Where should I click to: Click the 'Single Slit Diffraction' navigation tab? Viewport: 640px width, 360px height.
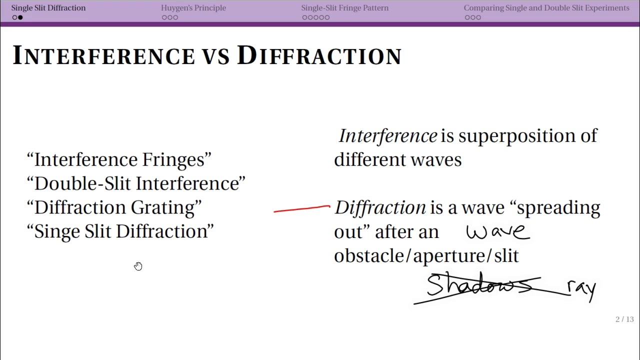[48, 8]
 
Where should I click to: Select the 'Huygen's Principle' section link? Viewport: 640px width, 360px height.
[193, 8]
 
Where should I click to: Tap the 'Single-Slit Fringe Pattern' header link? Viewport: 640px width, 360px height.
[344, 8]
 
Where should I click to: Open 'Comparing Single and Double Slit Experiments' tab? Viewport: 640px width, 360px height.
[546, 8]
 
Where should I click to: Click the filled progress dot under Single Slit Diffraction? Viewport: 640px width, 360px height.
[20, 17]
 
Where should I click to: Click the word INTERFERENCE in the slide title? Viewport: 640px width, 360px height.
[103, 55]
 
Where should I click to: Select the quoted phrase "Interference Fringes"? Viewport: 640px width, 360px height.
[119, 159]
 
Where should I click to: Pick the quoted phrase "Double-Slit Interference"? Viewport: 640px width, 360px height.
[136, 183]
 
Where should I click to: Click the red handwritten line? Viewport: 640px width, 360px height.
[301, 208]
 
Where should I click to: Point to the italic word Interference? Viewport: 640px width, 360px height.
[388, 135]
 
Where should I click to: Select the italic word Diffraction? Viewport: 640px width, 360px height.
[380, 207]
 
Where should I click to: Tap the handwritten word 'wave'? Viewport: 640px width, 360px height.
[497, 231]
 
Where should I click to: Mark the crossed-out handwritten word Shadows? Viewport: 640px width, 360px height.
[478, 285]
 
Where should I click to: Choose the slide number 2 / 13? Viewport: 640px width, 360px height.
[624, 319]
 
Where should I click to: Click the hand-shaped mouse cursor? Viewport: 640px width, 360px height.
[138, 266]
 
